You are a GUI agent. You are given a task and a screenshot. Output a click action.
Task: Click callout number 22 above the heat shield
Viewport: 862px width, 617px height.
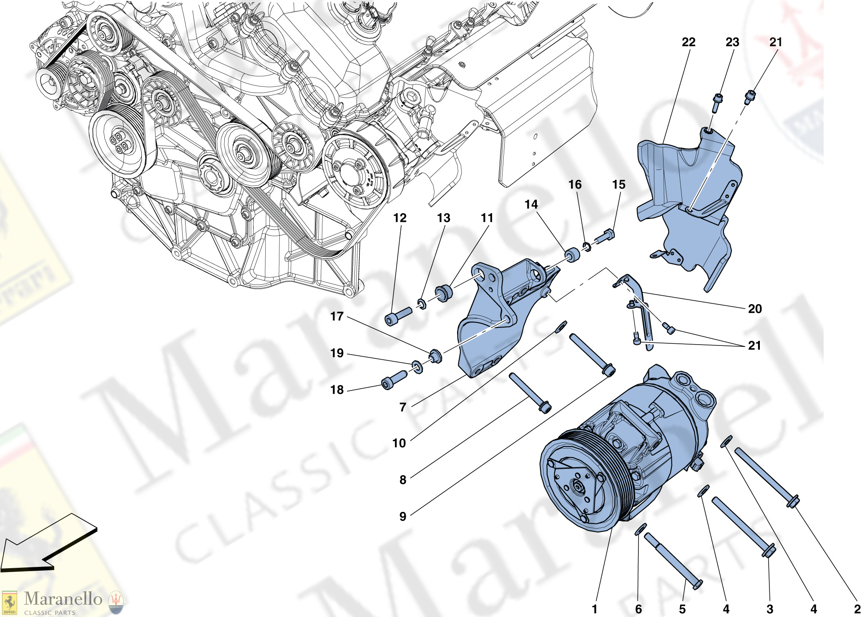689,42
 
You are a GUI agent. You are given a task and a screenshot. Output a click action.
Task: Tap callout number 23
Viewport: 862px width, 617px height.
732,42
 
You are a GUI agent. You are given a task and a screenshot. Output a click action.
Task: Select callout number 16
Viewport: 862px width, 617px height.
575,184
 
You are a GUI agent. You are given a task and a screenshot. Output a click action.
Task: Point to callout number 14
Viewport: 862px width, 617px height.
531,204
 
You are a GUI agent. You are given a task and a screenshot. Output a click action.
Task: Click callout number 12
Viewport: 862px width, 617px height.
400,218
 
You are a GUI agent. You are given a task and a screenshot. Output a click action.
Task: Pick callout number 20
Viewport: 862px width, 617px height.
754,309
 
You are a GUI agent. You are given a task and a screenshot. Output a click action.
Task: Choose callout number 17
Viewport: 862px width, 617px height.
337,316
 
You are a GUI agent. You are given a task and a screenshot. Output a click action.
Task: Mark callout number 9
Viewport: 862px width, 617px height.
402,516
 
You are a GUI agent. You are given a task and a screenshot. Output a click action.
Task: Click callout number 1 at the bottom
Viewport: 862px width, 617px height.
594,609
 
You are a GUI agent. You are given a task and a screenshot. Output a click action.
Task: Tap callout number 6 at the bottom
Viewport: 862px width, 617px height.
638,609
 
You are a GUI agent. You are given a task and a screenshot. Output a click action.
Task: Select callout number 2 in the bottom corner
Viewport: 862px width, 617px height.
857,609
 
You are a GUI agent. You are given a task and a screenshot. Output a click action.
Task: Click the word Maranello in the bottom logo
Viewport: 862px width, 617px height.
63,599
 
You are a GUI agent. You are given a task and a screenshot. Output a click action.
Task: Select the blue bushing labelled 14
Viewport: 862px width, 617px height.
572,255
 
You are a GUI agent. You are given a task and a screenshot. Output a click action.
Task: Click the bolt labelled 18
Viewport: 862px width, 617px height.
394,380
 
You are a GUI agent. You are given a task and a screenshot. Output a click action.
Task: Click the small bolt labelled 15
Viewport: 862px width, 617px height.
605,236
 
